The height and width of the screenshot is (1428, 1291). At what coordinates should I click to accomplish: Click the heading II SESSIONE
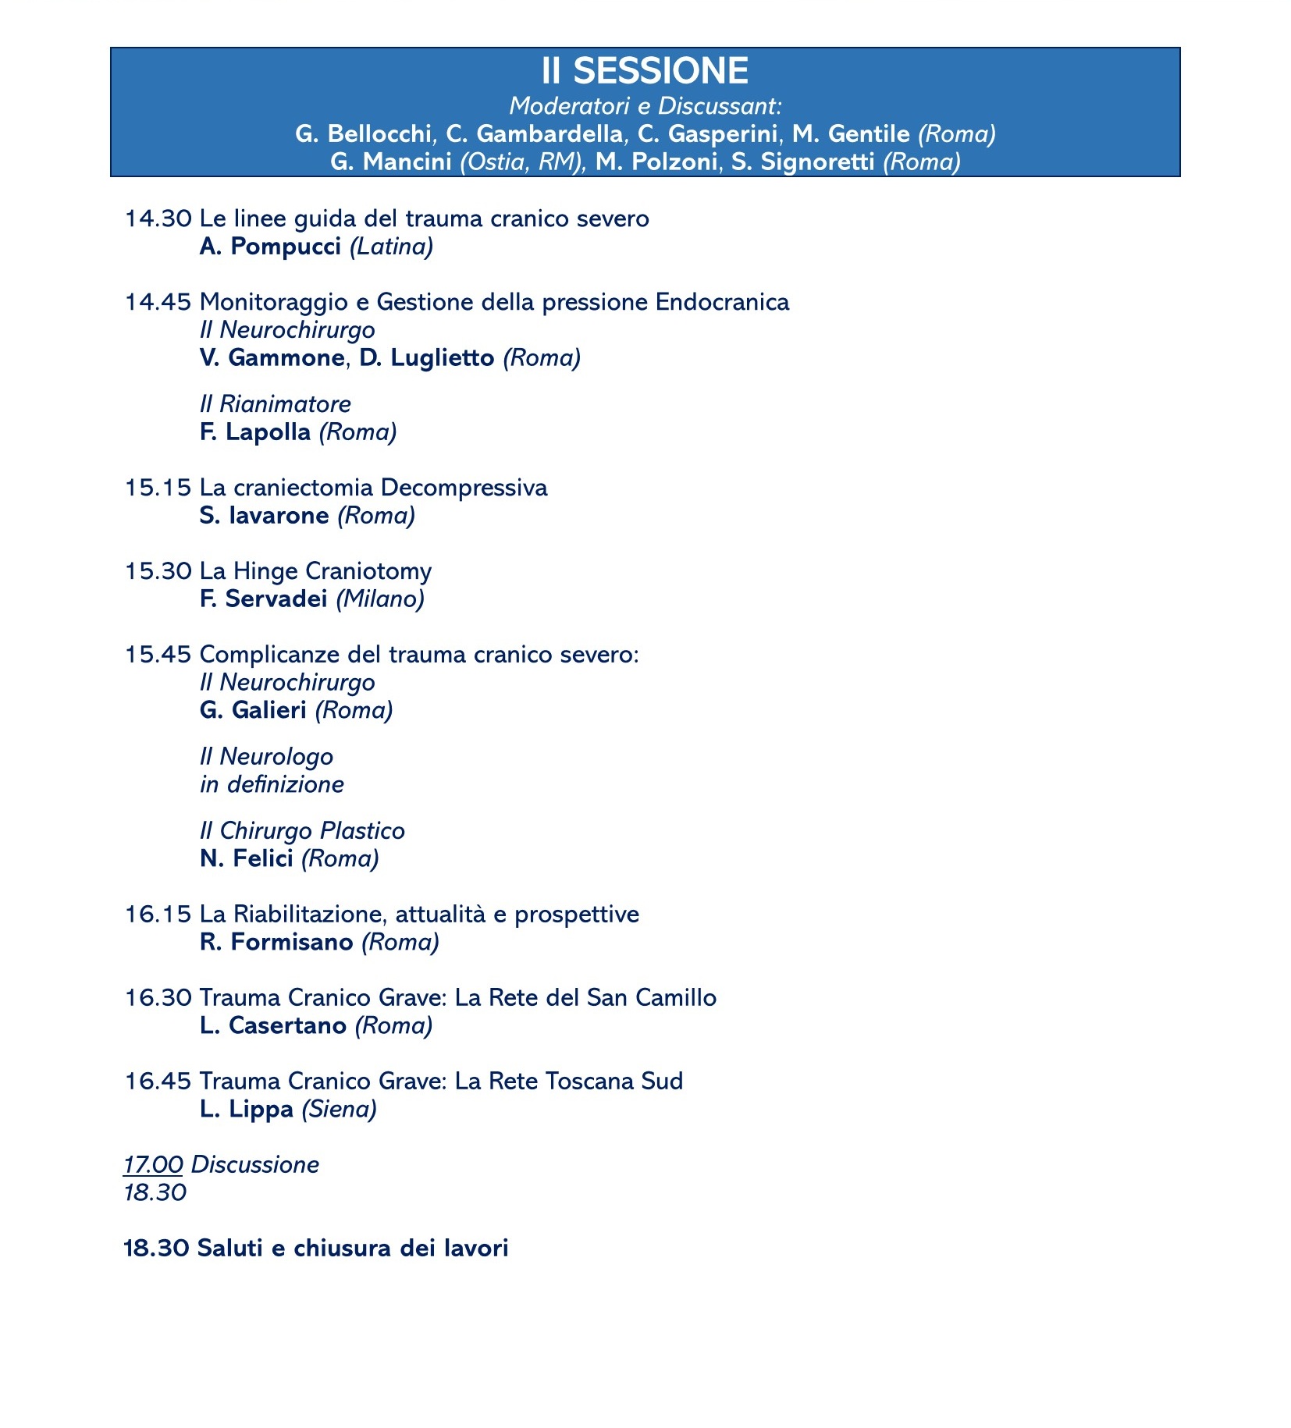[x=645, y=72]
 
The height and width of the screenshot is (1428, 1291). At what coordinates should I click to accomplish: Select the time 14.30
[x=158, y=218]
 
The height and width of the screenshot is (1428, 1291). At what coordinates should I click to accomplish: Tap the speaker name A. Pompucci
[x=270, y=247]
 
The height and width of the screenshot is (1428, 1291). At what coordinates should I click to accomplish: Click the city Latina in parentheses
[x=391, y=247]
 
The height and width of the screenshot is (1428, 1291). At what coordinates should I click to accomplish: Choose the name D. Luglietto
[x=426, y=358]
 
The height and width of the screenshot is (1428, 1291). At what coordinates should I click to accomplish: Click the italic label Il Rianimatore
[x=275, y=404]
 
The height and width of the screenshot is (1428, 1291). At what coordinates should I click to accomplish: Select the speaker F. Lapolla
[x=254, y=432]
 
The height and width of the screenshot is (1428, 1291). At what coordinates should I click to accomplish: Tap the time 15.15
[x=158, y=488]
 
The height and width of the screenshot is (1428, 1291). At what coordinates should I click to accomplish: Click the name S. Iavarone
[x=264, y=516]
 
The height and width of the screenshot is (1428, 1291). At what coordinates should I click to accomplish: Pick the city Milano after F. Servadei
[x=380, y=599]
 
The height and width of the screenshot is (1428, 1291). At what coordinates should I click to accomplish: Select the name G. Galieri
[x=253, y=711]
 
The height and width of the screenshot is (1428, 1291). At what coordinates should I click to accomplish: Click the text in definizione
[x=272, y=784]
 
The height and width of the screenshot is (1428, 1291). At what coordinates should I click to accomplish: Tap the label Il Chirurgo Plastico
[x=302, y=831]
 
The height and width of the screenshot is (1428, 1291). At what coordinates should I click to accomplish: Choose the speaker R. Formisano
[x=276, y=943]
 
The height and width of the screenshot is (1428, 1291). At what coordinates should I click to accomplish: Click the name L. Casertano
[x=272, y=1025]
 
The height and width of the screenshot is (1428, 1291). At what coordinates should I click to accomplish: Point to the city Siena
[x=339, y=1109]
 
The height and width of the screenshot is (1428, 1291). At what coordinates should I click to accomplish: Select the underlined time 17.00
[x=153, y=1165]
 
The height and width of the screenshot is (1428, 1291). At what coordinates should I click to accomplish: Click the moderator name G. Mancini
[x=391, y=162]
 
